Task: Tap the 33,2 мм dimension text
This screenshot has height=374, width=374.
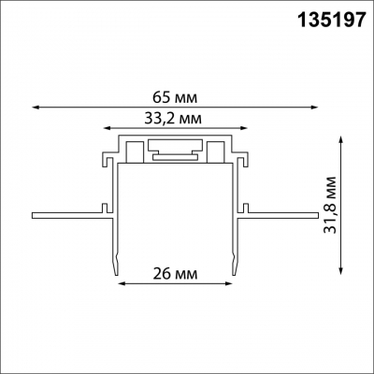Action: [x=175, y=119]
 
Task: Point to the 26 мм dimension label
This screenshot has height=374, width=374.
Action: [x=173, y=274]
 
